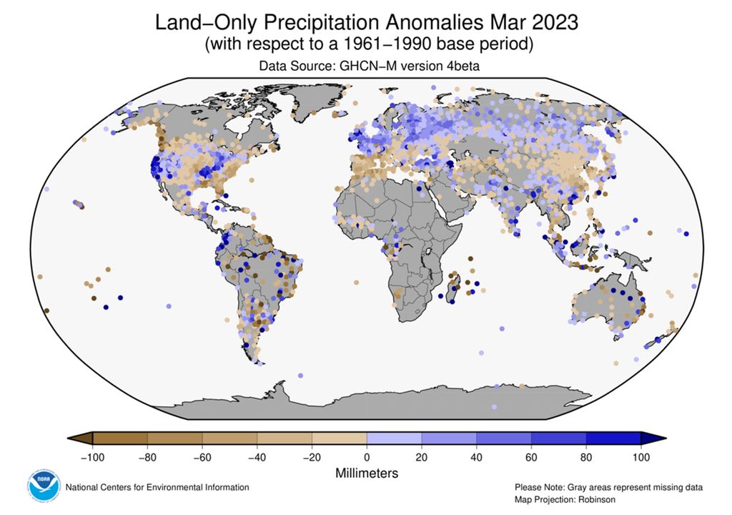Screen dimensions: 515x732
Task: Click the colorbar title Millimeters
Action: tap(366, 473)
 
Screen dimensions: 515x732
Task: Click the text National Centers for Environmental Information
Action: tap(157, 487)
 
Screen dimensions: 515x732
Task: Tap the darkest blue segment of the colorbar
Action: tap(613, 438)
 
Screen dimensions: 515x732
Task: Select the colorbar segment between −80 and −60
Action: tap(174, 438)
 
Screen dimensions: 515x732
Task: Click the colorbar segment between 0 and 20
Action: tap(394, 438)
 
